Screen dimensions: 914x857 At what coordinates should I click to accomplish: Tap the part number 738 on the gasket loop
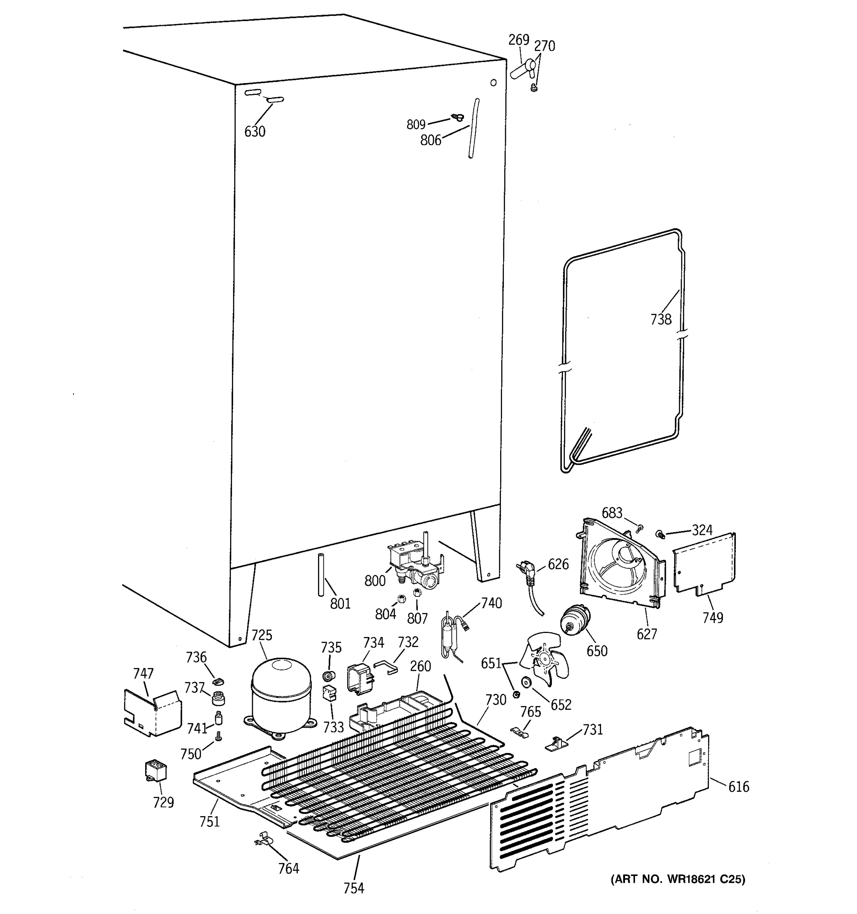661,319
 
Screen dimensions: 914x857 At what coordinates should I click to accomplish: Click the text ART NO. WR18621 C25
678,879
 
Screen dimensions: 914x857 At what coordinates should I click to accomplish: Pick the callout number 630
255,132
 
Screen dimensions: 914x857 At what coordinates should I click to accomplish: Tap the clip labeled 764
262,838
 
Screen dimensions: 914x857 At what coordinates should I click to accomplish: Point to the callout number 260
420,666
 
